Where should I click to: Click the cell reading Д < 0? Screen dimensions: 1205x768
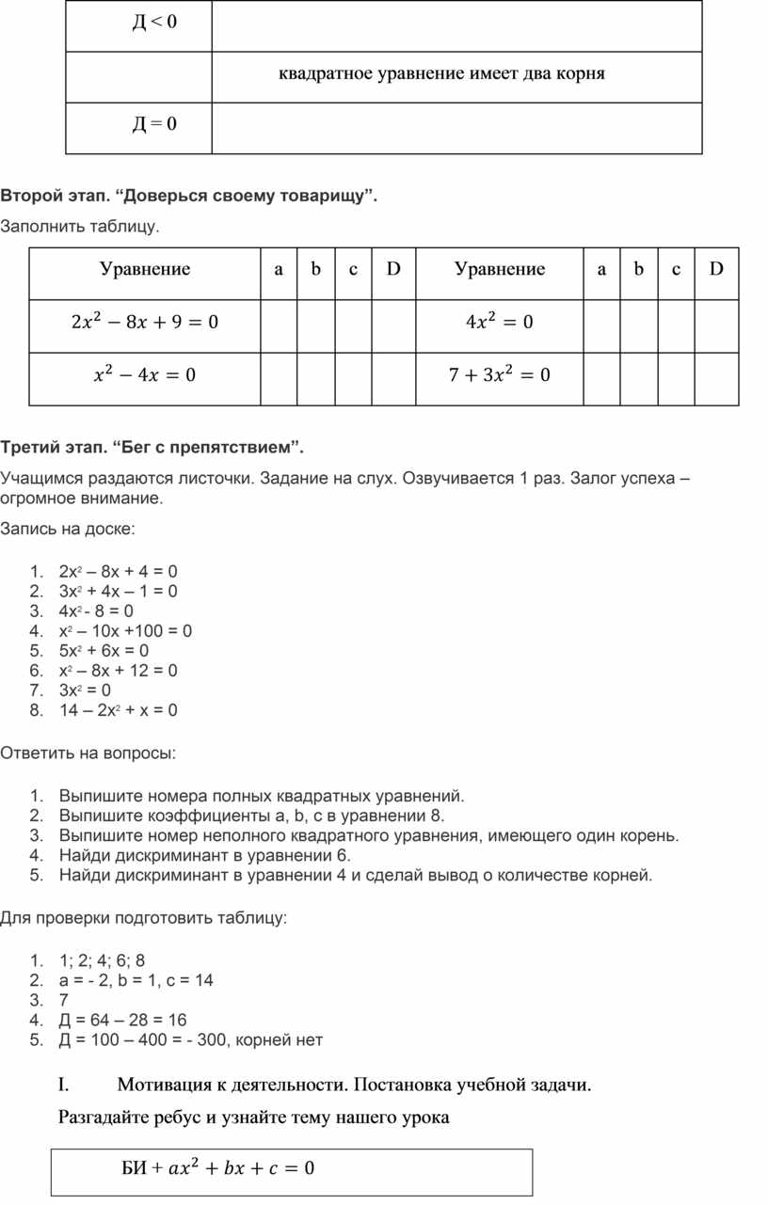[153, 23]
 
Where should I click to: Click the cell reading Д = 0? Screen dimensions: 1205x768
[153, 124]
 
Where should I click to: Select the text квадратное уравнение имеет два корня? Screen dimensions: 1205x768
[441, 73]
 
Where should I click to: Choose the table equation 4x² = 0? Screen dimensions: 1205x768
[499, 323]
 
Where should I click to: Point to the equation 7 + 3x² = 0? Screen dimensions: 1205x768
[499, 375]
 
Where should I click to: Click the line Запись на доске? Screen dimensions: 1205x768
[68, 529]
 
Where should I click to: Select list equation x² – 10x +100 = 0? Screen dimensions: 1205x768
[125, 631]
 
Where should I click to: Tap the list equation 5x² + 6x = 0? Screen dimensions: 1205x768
[104, 651]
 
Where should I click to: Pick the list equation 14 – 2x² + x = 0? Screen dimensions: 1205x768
[118, 710]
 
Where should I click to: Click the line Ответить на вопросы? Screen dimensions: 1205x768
[88, 753]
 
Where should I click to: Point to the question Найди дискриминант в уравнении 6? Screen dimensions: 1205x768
[204, 856]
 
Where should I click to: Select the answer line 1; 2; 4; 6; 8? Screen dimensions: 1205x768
[102, 960]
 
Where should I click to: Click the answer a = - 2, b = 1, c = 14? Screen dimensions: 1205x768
[136, 980]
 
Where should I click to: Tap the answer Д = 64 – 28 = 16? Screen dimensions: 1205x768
[122, 1020]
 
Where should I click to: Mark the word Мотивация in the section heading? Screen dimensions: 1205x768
[164, 1086]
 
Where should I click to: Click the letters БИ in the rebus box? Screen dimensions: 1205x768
[135, 1169]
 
